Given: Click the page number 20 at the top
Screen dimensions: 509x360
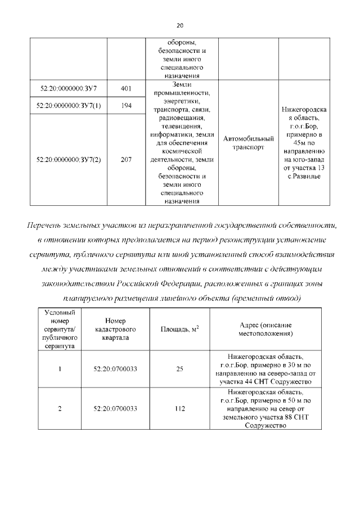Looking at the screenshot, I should [x=180, y=25].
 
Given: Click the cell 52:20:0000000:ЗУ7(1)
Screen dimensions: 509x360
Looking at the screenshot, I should [x=69, y=105].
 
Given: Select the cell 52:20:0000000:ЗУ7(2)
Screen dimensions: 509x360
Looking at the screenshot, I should [x=69, y=160].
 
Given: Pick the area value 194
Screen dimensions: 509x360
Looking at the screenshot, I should [x=126, y=105].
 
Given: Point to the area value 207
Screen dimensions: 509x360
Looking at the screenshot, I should [x=126, y=160].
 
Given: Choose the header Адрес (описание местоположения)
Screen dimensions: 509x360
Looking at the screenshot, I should [x=265, y=329].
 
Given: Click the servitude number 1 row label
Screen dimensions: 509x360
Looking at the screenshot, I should [x=59, y=369].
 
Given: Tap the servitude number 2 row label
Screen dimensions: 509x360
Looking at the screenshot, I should [x=59, y=408].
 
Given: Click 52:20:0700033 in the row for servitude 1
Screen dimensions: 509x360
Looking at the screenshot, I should [x=114, y=369].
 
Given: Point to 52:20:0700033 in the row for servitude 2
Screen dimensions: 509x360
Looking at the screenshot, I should [x=114, y=408].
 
